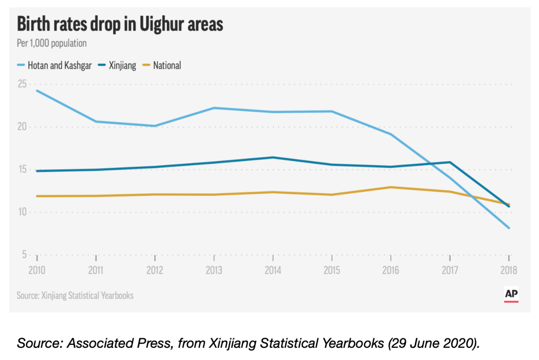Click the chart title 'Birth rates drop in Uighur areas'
pos(121,25)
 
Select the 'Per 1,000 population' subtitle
pos(52,44)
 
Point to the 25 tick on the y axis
pos(22,84)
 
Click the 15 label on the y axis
pos(22,169)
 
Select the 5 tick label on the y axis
pos(24,255)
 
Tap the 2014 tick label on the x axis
pos(273,271)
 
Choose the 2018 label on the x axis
pos(508,271)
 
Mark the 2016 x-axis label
pos(391,271)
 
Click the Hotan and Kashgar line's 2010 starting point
pos(37,91)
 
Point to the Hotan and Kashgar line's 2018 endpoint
pos(508,228)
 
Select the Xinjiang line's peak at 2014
pos(273,157)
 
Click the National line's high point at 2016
pos(391,187)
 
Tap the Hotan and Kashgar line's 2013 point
pos(214,108)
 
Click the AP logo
pos(511,295)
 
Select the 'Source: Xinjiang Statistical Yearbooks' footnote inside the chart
pos(75,295)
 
